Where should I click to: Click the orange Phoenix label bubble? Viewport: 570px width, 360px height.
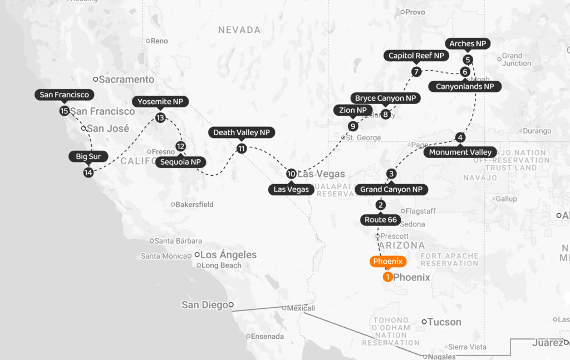click(x=388, y=261)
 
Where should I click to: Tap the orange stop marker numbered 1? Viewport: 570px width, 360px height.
click(x=387, y=277)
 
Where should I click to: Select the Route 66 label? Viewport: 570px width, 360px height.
click(x=381, y=219)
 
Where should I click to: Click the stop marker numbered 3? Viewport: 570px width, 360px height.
click(x=391, y=174)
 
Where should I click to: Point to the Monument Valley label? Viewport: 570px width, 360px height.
click(x=460, y=152)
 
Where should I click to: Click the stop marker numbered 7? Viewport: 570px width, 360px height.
click(x=416, y=71)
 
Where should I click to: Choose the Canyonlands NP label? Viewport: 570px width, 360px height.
click(x=465, y=86)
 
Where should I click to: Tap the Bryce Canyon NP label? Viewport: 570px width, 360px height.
click(x=385, y=98)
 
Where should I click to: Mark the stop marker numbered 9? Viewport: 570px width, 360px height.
click(x=352, y=126)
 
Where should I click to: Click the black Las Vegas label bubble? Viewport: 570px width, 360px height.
click(x=291, y=189)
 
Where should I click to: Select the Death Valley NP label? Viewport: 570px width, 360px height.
click(x=241, y=132)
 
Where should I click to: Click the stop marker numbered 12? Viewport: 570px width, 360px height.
click(x=180, y=146)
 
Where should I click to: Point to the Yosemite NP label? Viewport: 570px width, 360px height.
click(x=160, y=101)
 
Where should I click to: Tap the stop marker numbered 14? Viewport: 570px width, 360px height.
click(x=88, y=172)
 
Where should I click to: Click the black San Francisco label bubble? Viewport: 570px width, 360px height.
click(x=64, y=95)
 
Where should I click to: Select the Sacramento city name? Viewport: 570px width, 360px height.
click(x=126, y=80)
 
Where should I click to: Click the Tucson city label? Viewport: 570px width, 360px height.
click(x=444, y=322)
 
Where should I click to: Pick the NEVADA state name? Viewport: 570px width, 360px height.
click(x=239, y=30)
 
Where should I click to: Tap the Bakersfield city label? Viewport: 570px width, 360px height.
click(x=194, y=204)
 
